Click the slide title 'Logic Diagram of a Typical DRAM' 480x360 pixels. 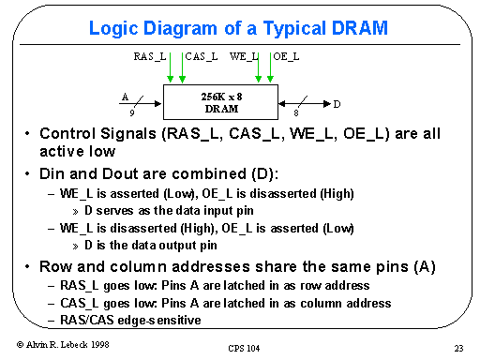click(x=238, y=27)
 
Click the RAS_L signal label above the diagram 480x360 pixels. click(x=149, y=57)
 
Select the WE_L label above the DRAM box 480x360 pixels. click(x=244, y=57)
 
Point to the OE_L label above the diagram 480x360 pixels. click(x=286, y=57)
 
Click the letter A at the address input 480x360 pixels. click(x=124, y=96)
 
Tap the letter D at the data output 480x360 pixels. click(x=337, y=102)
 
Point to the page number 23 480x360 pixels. click(x=457, y=348)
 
